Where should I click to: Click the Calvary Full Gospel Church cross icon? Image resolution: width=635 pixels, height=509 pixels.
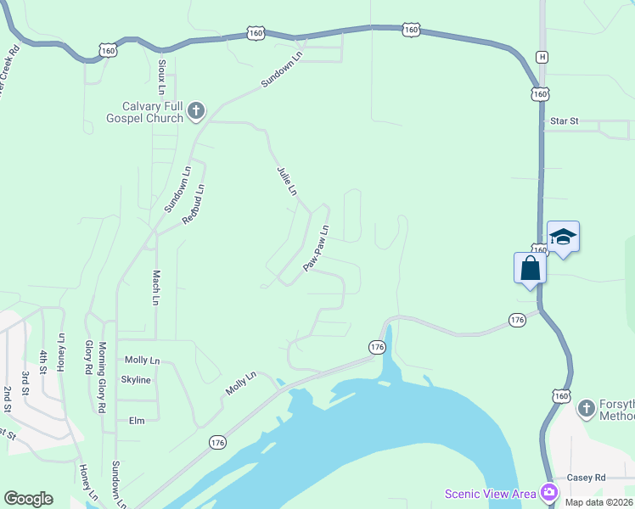(x=196, y=110)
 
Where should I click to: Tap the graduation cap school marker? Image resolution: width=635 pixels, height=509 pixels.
(x=563, y=237)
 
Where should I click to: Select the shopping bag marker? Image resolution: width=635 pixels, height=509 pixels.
(x=531, y=268)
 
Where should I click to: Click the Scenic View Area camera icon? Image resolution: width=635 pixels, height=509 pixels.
(x=549, y=492)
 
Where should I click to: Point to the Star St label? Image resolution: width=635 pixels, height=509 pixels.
(x=564, y=121)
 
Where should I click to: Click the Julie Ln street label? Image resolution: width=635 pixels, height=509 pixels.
(x=286, y=182)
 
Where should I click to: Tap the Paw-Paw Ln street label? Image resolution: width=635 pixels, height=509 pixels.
(x=316, y=249)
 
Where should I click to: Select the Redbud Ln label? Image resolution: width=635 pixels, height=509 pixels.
(x=194, y=204)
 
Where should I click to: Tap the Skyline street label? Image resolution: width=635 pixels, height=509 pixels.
(x=136, y=379)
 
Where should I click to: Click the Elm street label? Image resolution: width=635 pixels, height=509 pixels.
(x=137, y=420)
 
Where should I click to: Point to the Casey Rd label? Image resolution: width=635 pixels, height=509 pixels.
(x=587, y=478)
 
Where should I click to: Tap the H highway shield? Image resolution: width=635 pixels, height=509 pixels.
(x=542, y=57)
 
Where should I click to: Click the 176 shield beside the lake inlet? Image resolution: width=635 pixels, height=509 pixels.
(x=378, y=347)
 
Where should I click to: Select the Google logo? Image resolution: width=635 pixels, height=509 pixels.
(x=28, y=499)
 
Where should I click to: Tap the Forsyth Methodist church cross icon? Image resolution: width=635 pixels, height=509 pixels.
(x=586, y=409)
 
